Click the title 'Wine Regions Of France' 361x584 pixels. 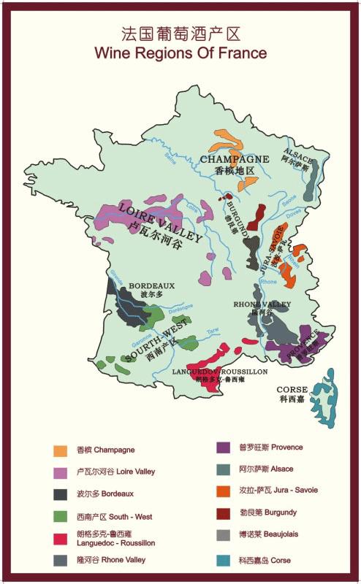pos(180,53)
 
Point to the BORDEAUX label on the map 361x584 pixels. pos(151,285)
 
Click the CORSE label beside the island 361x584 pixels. pos(292,390)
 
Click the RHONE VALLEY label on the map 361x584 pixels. pos(262,304)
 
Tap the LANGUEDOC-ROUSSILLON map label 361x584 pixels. pos(219,372)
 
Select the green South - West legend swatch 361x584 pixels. pos(61,516)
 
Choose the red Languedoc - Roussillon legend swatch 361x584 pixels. pos(61,539)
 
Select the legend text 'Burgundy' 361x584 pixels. pos(273,512)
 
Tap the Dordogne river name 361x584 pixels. pos(176,310)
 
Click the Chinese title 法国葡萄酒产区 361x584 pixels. pos(180,34)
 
